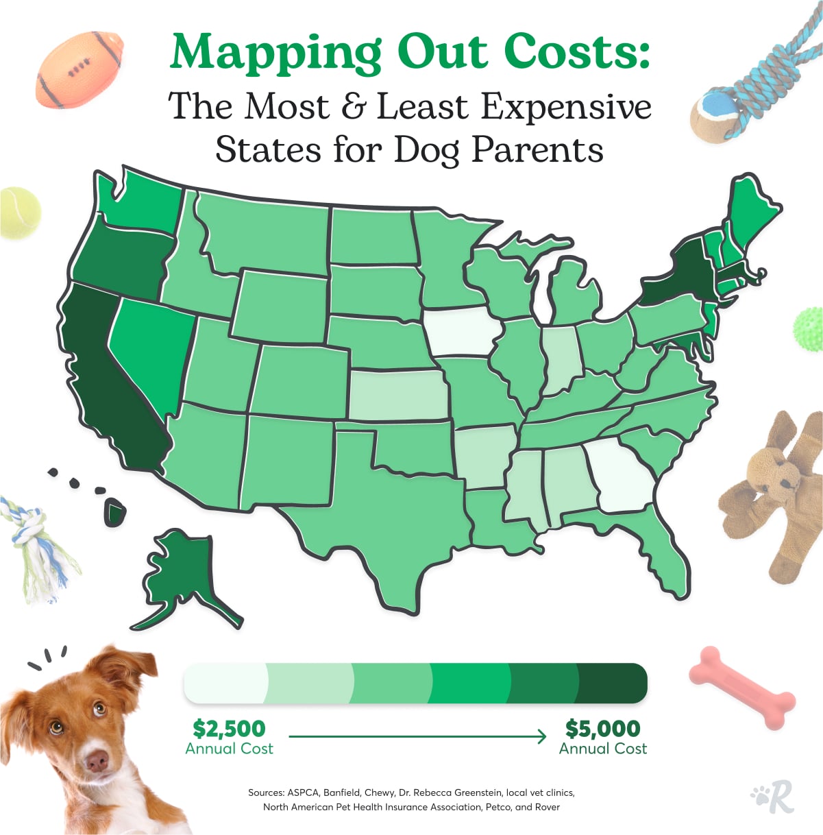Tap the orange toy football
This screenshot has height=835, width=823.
(x=79, y=69)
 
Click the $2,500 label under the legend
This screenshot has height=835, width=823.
(x=229, y=728)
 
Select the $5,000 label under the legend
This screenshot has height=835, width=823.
(x=602, y=728)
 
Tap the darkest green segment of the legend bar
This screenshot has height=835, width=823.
(x=612, y=683)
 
